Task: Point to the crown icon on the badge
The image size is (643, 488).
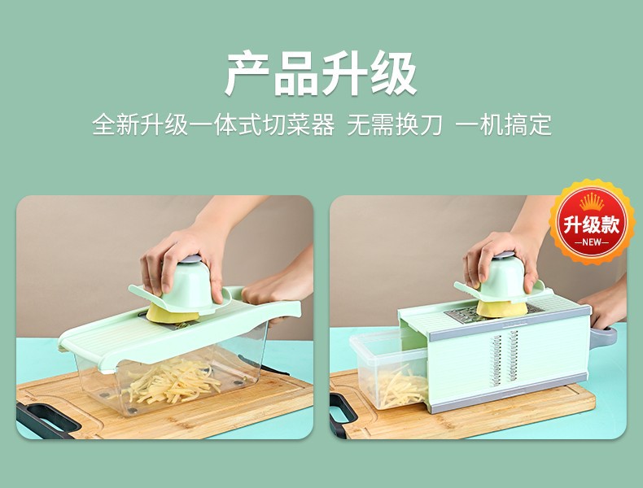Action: [x=592, y=202]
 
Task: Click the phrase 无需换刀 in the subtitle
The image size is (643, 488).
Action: [x=395, y=125]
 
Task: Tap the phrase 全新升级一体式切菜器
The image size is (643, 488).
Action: [x=213, y=125]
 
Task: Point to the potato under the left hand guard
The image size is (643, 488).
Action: [x=173, y=315]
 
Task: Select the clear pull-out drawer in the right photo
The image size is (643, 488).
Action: [x=383, y=370]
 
